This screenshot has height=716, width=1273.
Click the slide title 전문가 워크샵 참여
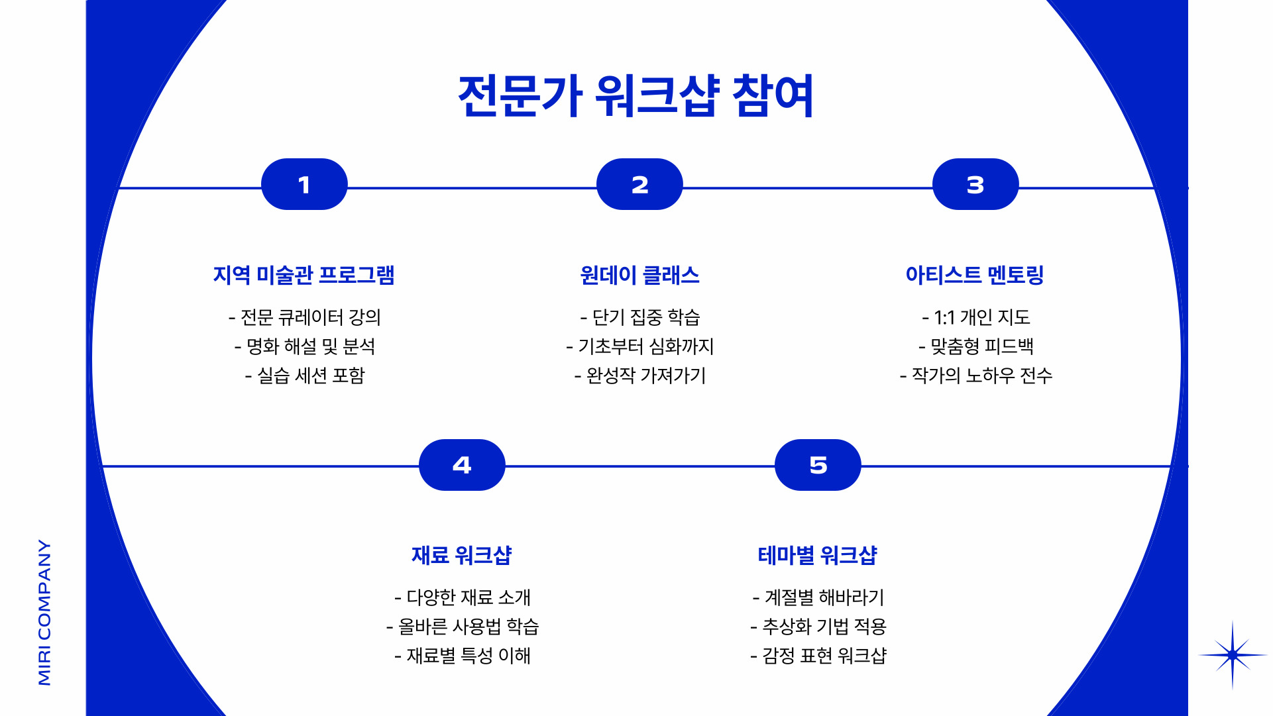point(636,96)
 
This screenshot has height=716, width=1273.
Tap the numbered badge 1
point(304,184)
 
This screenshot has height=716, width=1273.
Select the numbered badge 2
point(639,184)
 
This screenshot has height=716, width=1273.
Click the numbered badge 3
point(975,184)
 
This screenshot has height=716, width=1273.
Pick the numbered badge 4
point(462,465)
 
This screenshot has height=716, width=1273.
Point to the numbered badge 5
point(818,465)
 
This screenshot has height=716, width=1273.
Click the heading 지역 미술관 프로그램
point(304,275)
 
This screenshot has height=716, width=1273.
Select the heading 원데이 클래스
point(639,275)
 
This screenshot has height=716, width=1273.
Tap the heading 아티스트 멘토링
point(975,275)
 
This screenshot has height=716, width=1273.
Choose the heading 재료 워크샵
point(462,555)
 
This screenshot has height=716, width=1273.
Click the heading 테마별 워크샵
point(818,555)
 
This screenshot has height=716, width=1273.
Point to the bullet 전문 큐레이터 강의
point(305,317)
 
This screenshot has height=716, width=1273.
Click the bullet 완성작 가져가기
point(640,376)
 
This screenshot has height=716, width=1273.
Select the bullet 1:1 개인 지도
point(976,317)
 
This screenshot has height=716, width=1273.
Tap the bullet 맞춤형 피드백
point(976,346)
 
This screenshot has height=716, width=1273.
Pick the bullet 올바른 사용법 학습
point(463,626)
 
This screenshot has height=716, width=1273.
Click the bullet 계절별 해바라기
point(818,597)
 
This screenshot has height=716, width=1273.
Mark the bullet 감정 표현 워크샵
point(818,656)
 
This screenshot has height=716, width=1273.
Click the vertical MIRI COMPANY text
point(44,612)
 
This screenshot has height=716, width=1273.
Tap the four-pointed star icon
point(1233,655)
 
